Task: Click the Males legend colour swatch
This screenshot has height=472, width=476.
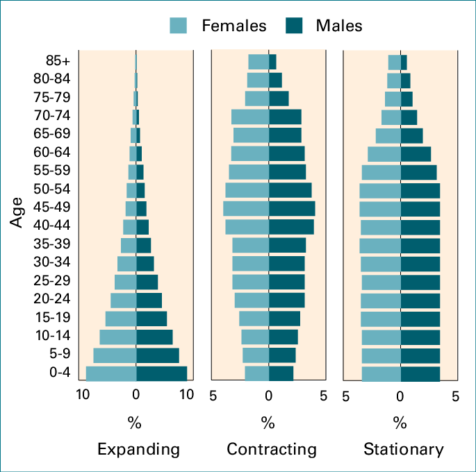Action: point(295,26)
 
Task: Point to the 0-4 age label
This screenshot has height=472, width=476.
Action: point(59,373)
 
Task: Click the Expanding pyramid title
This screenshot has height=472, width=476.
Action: point(138,449)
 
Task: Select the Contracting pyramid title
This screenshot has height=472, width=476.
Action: point(272,449)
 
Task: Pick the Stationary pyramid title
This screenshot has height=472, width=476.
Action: point(403,449)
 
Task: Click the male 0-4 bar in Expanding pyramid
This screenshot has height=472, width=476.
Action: point(161,373)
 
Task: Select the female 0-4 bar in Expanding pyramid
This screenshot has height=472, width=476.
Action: point(111,373)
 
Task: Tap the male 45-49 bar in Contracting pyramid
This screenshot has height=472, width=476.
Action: point(292,208)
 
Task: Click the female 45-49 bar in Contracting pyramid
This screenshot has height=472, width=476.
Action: point(246,208)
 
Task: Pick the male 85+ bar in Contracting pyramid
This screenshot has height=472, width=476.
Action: point(272,62)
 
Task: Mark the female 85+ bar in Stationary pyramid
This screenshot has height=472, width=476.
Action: point(394,62)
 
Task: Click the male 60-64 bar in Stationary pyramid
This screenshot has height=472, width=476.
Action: point(416,153)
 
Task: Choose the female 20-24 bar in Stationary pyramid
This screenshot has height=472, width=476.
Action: point(381,300)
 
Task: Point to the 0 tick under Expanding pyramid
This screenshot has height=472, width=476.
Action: point(136,396)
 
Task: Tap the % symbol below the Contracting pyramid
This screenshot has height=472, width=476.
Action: point(268,422)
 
